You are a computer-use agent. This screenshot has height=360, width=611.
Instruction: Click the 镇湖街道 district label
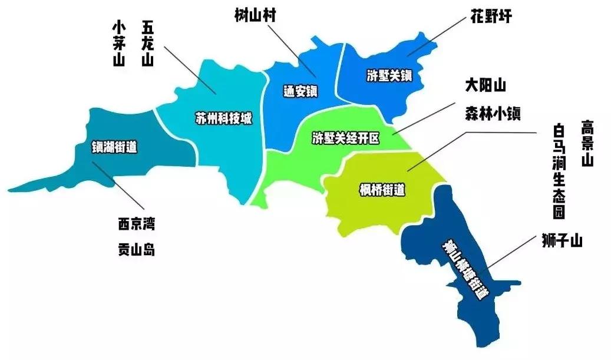[x=114, y=148]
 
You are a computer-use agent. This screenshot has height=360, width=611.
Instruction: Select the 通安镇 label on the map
[x=300, y=91]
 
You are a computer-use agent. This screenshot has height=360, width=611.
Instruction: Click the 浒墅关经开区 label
[x=345, y=139]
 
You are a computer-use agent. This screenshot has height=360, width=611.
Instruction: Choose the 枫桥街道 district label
[x=382, y=190]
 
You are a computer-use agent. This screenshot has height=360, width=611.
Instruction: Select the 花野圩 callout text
[x=491, y=16]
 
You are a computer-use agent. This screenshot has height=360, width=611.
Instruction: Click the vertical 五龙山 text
[x=147, y=44]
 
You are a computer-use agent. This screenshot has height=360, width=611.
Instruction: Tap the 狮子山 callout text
[x=562, y=240]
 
